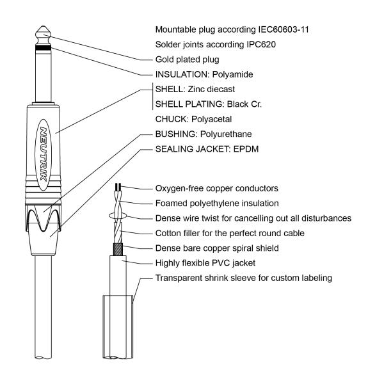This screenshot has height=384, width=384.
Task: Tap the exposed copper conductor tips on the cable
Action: point(118,187)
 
